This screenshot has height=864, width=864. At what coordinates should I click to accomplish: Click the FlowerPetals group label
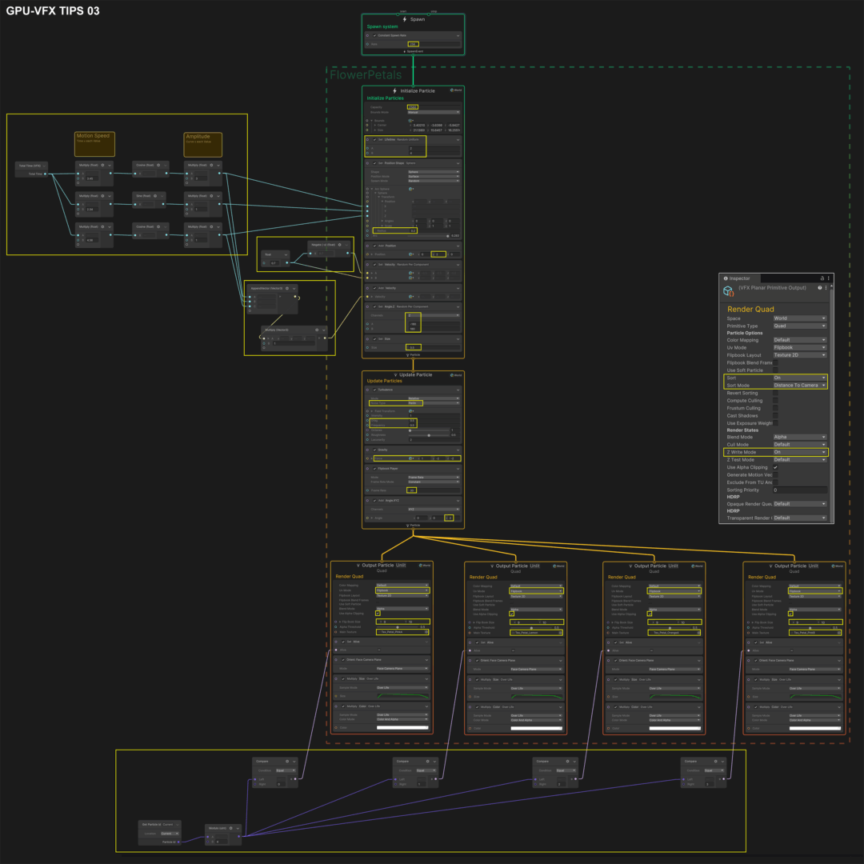coord(366,75)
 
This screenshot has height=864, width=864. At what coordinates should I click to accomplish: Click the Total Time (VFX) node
coord(30,166)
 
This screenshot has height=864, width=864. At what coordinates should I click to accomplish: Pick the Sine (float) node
coord(143,195)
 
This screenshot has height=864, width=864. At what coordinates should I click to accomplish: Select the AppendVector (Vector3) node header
coord(267,288)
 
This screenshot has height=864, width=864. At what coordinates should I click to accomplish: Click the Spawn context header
coord(413,19)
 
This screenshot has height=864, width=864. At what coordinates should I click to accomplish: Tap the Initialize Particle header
coord(413,90)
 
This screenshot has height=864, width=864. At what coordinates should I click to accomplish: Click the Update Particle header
coord(413,374)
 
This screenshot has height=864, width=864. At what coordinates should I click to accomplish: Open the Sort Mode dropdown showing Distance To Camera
coord(799,385)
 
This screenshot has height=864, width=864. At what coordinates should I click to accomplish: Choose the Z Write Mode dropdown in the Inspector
coord(799,452)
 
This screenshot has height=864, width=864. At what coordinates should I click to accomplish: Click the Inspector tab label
coord(740,278)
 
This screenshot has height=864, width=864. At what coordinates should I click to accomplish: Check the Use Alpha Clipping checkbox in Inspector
coord(775,467)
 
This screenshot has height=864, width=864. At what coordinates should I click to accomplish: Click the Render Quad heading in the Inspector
coord(750,309)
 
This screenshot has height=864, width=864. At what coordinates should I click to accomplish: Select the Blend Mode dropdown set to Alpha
coord(799,437)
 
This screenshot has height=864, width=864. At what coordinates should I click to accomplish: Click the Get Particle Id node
coord(152,824)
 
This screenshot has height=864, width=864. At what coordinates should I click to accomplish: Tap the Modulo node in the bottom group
coord(215,828)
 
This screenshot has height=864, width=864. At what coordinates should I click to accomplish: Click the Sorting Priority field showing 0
coord(799,490)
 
